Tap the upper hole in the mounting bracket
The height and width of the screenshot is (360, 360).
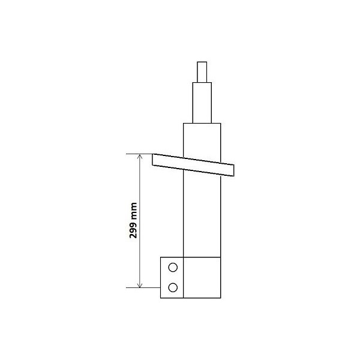173,268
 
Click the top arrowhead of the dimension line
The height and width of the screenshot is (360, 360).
140,157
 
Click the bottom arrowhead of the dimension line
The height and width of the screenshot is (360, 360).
140,284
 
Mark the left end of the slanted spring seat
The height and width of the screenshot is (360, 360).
155,160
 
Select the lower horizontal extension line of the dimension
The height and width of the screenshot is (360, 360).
144,288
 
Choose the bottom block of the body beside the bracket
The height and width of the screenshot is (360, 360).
202,277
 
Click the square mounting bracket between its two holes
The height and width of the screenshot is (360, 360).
173,277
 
